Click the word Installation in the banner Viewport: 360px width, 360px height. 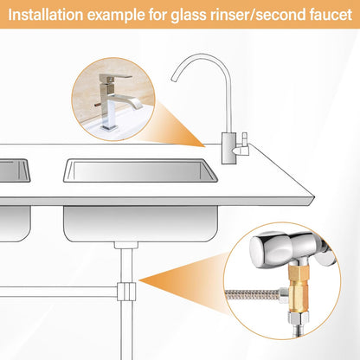46,15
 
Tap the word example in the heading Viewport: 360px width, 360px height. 116,16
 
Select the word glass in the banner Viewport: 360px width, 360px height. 189,16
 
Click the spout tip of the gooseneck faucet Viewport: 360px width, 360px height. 174,79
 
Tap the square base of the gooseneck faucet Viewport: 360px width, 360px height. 229,148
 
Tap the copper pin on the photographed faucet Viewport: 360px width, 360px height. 97,105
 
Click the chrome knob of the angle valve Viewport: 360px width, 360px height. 267,249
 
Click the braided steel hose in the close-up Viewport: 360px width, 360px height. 254,295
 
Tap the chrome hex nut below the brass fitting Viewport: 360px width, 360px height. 299,319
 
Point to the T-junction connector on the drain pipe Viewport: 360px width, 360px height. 126,292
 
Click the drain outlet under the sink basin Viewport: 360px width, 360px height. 126,245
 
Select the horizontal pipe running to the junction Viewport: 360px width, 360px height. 59,292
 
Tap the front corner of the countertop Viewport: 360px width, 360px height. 313,198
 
